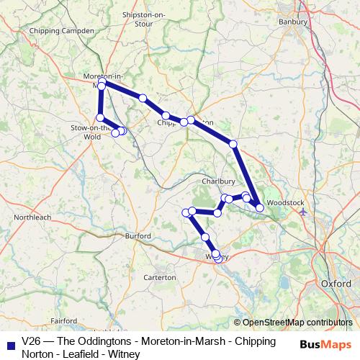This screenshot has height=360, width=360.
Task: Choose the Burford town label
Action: (137, 235)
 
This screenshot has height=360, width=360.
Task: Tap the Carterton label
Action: (160, 277)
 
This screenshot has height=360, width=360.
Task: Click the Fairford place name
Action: (63, 320)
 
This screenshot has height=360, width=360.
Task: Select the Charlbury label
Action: (217, 181)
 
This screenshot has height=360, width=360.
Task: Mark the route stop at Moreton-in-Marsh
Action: (102, 86)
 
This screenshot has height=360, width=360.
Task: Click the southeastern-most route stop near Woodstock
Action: (259, 207)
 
